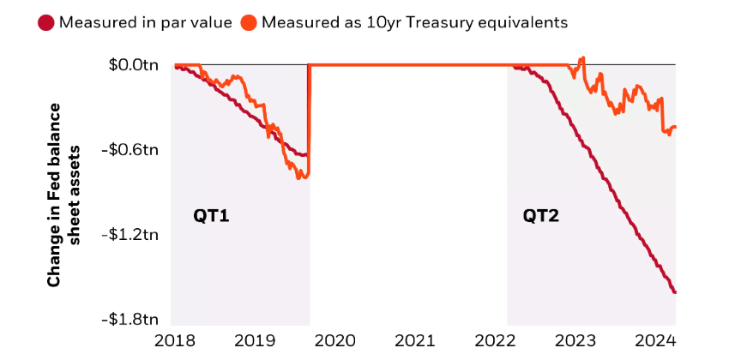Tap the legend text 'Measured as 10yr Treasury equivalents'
(415, 22)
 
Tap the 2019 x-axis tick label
(255, 339)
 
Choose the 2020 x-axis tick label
(335, 339)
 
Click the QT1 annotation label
(211, 216)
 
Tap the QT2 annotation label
(541, 216)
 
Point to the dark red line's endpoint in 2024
(675, 292)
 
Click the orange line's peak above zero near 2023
(582, 58)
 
